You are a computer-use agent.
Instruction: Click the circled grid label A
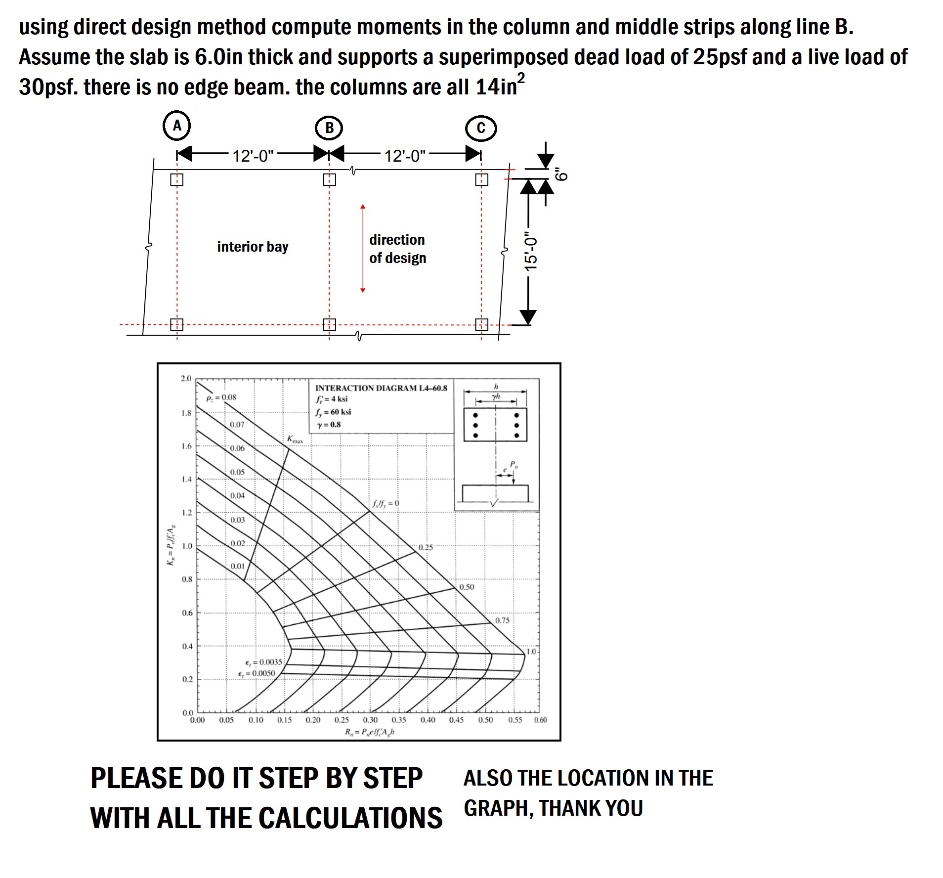coord(177,126)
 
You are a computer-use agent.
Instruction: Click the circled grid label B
coord(329,128)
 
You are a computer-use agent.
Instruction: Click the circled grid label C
coord(481,128)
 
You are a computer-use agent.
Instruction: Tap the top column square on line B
coord(329,179)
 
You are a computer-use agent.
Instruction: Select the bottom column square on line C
coord(481,325)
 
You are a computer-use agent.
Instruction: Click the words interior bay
coord(253,247)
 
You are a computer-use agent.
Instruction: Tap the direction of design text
coord(397,249)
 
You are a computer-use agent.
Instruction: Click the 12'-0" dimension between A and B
coord(253,156)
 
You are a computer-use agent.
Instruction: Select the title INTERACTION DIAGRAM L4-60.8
coord(381,388)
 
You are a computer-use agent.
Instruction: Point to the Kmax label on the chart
coord(295,439)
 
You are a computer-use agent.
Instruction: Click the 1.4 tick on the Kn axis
coord(186,479)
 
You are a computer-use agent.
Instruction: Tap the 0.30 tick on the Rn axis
coord(370,720)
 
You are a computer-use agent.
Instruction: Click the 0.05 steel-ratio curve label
coord(237,472)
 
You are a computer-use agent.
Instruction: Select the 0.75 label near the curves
coord(502,620)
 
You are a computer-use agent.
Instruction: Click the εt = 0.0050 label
coord(257,673)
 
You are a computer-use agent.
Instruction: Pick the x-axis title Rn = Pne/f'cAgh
coord(369,732)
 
